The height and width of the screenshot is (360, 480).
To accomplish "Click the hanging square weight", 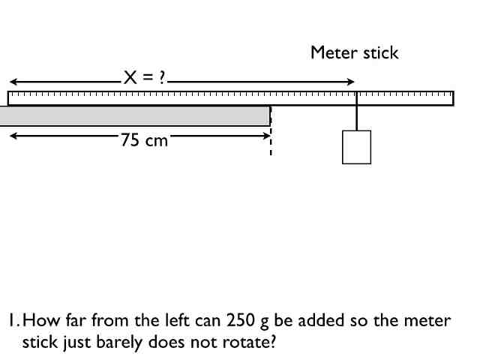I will click(x=356, y=147).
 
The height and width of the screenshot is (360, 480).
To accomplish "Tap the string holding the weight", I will click(x=357, y=118).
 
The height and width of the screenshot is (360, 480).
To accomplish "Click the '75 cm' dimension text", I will click(x=144, y=140).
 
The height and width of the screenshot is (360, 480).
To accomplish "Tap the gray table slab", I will click(x=135, y=115).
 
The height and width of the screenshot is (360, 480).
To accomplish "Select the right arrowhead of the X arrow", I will click(x=350, y=81).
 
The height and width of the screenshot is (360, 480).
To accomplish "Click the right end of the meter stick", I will click(x=452, y=98).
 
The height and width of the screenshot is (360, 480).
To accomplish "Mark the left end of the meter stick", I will click(x=10, y=98).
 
